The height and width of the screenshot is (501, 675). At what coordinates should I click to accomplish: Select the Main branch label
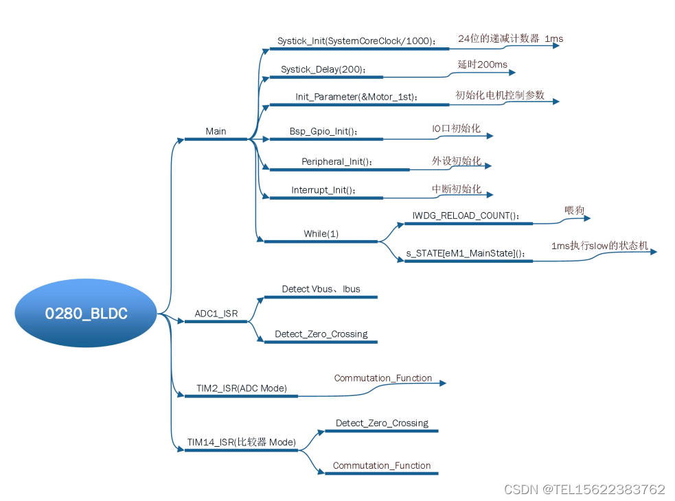pyautogui.click(x=216, y=131)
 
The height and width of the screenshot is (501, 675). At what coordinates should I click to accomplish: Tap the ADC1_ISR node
pyautogui.click(x=216, y=314)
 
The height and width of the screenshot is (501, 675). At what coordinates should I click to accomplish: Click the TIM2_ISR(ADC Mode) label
pyautogui.click(x=242, y=388)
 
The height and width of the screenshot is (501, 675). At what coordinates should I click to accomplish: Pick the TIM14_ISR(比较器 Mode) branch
pyautogui.click(x=242, y=443)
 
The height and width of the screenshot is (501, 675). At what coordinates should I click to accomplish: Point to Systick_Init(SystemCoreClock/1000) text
pyautogui.click(x=356, y=41)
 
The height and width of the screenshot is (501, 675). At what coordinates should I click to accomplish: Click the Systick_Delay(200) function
pyautogui.click(x=323, y=69)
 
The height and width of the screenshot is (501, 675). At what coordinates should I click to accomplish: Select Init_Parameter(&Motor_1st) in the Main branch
pyautogui.click(x=356, y=97)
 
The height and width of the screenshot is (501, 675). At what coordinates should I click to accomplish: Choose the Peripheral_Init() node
pyautogui.click(x=338, y=162)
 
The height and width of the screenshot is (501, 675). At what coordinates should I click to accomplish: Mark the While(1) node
pyautogui.click(x=321, y=233)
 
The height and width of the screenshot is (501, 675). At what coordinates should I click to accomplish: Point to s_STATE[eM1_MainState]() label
pyautogui.click(x=466, y=253)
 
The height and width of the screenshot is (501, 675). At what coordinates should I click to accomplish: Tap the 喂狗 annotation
pyautogui.click(x=574, y=211)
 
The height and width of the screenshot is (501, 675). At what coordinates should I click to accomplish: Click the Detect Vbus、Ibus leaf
pyautogui.click(x=321, y=289)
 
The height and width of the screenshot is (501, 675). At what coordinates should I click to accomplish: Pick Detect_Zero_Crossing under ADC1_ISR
pyautogui.click(x=321, y=334)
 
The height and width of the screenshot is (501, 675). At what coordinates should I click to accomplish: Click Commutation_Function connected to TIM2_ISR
pyautogui.click(x=383, y=378)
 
